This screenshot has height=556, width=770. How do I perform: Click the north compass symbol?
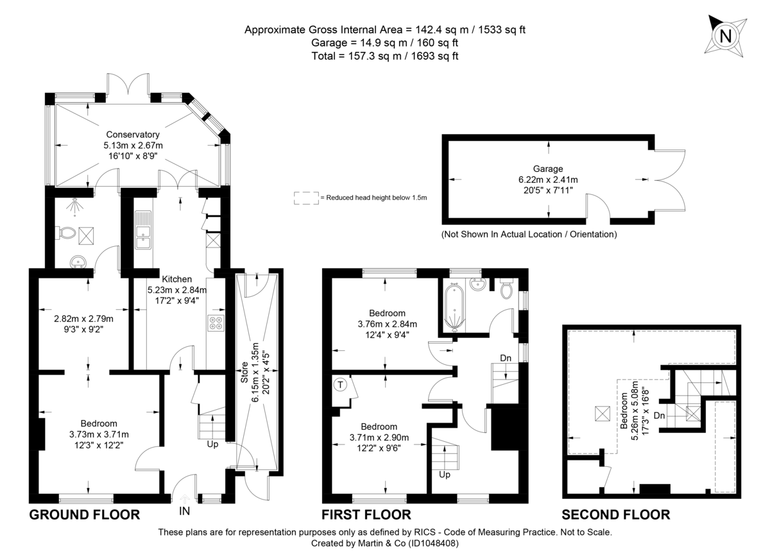coord(726,37)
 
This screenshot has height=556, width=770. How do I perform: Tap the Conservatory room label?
coord(133,135)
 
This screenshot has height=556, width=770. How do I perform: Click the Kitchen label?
coord(176,279)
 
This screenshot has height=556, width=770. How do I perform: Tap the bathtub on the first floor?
coord(454,307)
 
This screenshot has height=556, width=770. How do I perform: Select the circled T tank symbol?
coord(340,385)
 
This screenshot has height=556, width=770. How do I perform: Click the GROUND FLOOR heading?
coord(85,514)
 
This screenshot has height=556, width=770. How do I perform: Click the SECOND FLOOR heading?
coord(616,514)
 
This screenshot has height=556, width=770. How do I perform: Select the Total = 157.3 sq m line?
coord(384,56)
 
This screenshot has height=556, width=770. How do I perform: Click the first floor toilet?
coord(507,290)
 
